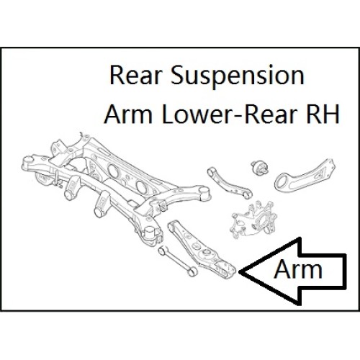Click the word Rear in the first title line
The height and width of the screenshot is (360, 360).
coord(135,75)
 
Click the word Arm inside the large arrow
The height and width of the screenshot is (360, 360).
coord(298,269)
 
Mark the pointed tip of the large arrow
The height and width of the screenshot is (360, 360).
coord(239,271)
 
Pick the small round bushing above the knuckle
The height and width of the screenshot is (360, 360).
coord(259,167)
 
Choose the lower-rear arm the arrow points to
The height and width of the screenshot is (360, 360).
coord(202,250)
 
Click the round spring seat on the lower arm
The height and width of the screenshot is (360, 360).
coord(207,253)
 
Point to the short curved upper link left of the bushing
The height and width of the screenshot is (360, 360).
coord(230,184)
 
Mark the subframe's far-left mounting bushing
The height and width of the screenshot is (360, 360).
coord(27,163)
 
